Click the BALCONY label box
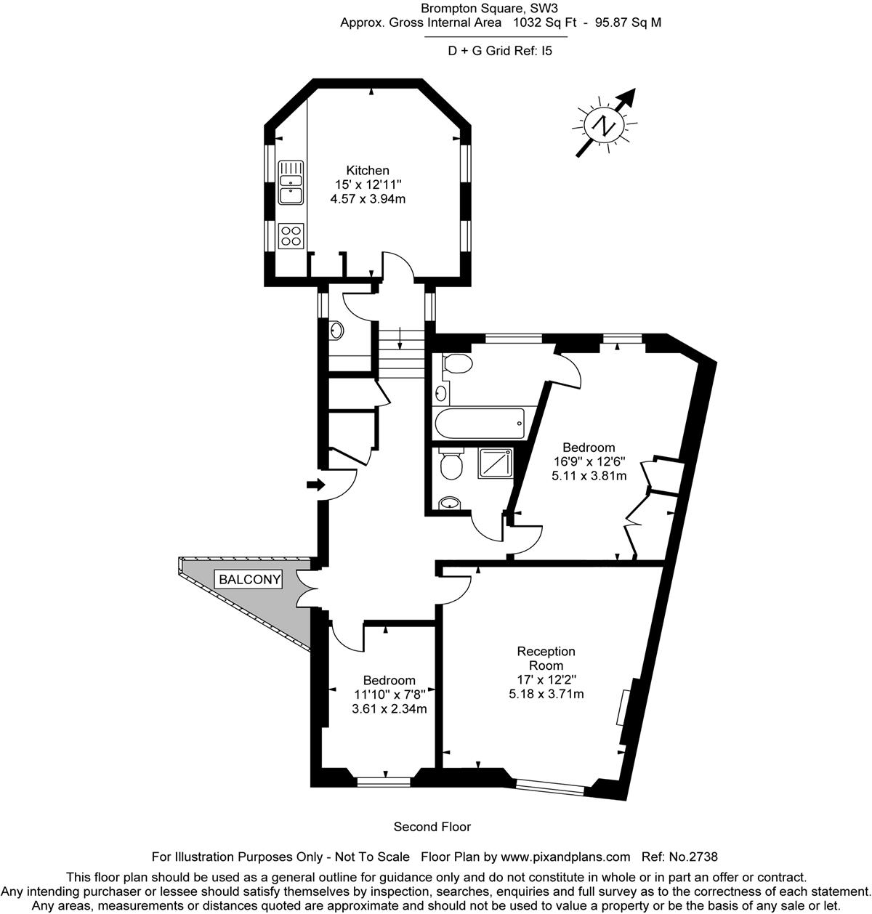250,579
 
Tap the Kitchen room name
368,170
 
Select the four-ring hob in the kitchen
291,235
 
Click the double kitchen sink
291,182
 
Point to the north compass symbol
605,124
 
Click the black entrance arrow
316,485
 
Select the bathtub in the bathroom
480,423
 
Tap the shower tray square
496,463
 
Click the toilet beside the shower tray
451,464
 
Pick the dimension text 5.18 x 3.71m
546,694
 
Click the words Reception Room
546,658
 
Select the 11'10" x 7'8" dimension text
389,695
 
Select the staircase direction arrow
400,339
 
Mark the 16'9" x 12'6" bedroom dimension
589,461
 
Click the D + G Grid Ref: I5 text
500,51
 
